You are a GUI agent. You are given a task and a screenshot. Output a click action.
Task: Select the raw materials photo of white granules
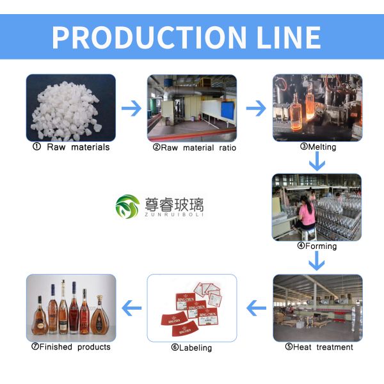pyautogui.click(x=70, y=108)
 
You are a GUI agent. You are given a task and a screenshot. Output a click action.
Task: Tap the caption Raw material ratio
pyautogui.click(x=195, y=148)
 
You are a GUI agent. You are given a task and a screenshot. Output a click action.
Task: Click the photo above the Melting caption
pyautogui.click(x=317, y=108)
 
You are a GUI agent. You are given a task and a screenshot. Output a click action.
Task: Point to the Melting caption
pyautogui.click(x=318, y=147)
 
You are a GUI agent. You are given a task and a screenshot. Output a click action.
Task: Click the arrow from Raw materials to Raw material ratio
pyautogui.click(x=131, y=108)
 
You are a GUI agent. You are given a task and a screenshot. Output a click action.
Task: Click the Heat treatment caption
pyautogui.click(x=319, y=347)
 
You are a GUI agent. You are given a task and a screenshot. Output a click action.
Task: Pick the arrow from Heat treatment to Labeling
pyautogui.click(x=256, y=309)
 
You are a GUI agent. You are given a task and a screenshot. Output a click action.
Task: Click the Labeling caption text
pyautogui.click(x=191, y=348)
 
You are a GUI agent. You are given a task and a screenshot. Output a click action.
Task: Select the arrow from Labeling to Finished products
pyautogui.click(x=131, y=309)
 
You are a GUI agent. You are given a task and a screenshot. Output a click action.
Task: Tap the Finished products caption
pyautogui.click(x=70, y=347)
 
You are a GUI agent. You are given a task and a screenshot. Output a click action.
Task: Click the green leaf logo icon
pyautogui.click(x=127, y=207)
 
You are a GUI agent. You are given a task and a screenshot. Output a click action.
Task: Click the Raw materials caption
pyautogui.click(x=71, y=147)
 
